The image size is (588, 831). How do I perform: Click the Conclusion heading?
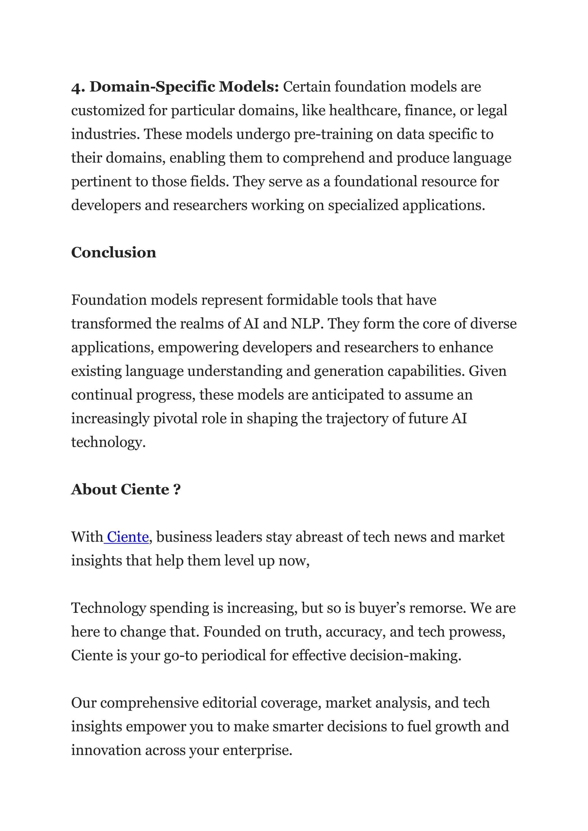pos(113,252)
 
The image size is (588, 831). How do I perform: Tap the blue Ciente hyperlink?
pos(128,537)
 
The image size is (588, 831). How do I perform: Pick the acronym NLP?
pos(306,324)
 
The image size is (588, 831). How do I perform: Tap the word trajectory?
pos(357,418)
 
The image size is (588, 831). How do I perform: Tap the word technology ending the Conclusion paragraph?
pos(108,442)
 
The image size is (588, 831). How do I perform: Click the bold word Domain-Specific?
pos(152,87)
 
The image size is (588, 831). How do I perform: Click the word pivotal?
pos(175,418)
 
